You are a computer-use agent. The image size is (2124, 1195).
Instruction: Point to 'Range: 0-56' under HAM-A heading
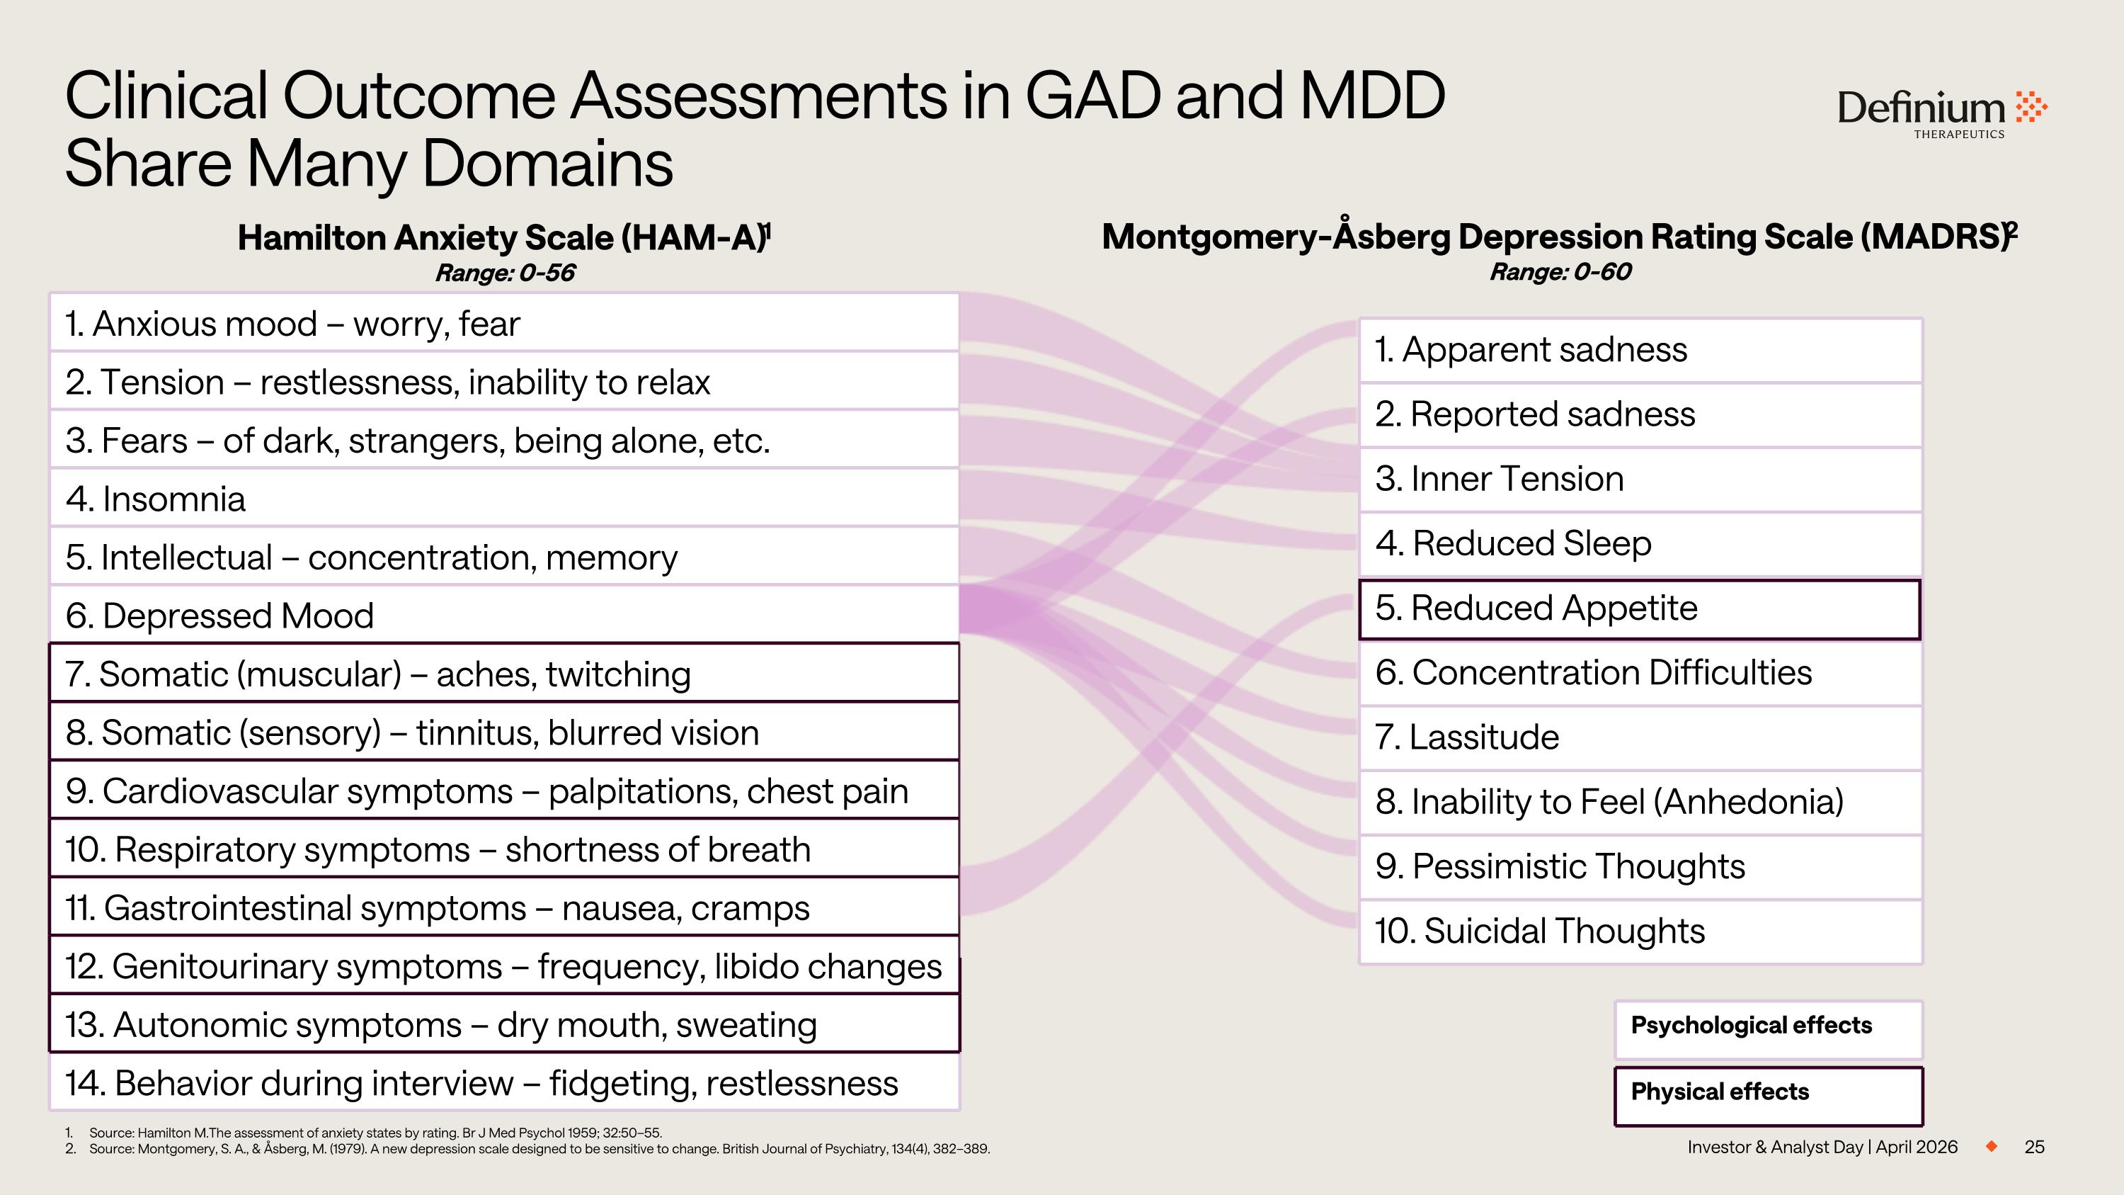pos(505,273)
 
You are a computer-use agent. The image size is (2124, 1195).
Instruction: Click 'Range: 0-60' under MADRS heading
pos(1559,272)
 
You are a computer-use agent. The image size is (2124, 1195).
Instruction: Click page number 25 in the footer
pos(2033,1147)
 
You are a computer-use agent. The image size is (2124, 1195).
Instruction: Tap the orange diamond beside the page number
pos(1991,1146)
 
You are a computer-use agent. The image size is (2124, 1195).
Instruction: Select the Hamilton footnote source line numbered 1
pos(375,1133)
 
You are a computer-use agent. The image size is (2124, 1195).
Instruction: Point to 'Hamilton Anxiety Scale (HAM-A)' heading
pos(503,237)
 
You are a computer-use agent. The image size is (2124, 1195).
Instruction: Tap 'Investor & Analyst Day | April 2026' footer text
pos(1822,1147)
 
